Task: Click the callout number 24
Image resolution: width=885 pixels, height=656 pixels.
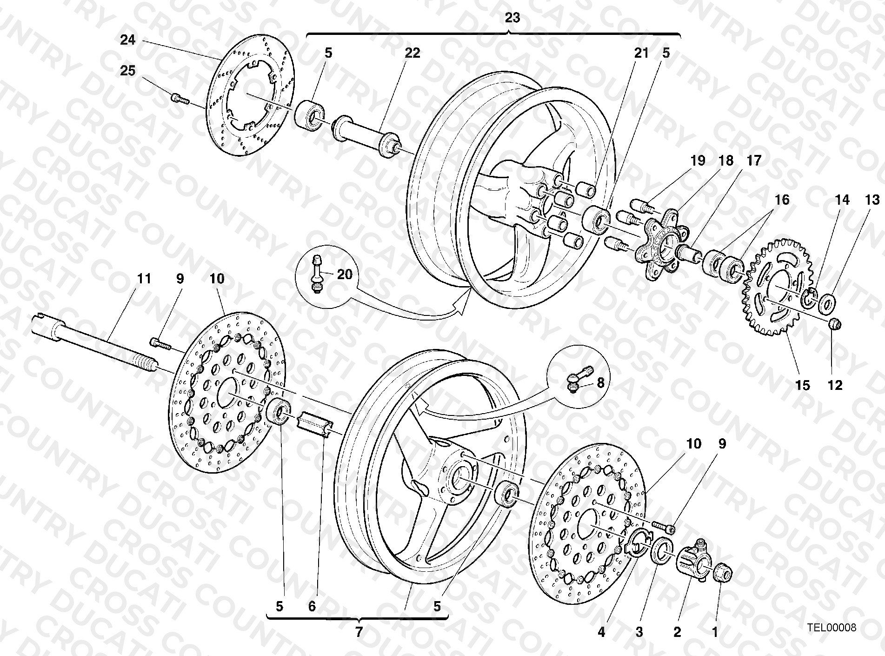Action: coord(128,40)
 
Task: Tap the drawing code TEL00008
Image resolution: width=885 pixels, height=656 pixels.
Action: coord(831,628)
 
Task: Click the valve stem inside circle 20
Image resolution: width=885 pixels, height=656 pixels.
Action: coord(316,273)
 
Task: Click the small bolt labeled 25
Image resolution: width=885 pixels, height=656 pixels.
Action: coord(179,99)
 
